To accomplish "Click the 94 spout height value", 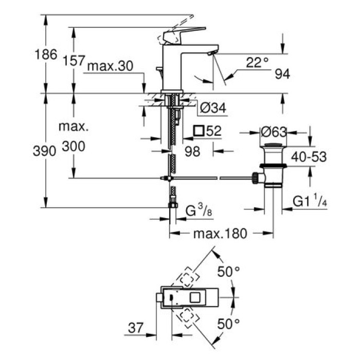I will click(x=282, y=74).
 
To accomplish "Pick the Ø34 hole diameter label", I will click(x=212, y=108).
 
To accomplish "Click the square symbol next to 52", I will click(x=199, y=131).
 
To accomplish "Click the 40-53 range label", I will click(x=310, y=156).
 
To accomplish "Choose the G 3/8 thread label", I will click(x=197, y=211).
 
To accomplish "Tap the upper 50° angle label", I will click(x=229, y=272).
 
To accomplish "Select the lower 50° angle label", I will click(x=229, y=323).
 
